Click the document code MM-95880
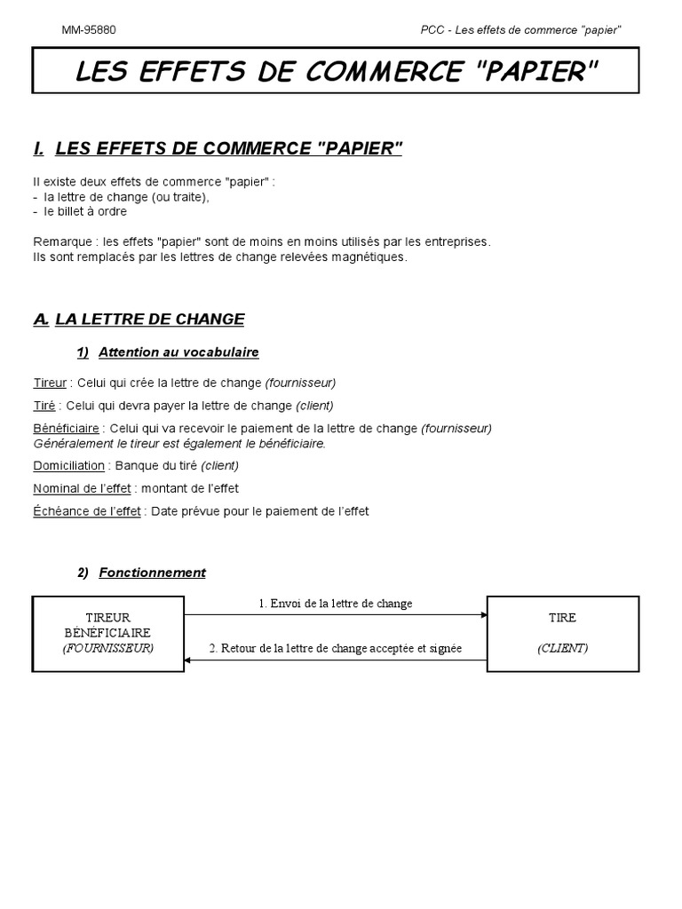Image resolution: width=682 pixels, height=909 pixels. [88, 29]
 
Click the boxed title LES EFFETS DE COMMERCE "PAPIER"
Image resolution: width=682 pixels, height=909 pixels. [337, 71]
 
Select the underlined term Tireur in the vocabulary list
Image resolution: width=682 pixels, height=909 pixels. [50, 383]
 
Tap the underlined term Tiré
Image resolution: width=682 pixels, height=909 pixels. [44, 406]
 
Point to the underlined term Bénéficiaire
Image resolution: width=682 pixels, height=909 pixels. [66, 428]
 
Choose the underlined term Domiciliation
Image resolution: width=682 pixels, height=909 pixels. [68, 465]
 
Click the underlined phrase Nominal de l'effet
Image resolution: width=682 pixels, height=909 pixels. [82, 488]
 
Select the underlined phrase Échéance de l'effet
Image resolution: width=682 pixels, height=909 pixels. [87, 511]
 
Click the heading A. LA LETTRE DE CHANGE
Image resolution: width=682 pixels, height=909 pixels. [139, 319]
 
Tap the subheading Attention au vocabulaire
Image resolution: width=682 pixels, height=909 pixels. [178, 352]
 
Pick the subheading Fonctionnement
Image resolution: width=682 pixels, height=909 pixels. [152, 573]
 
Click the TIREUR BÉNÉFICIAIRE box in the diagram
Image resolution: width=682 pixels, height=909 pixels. [107, 633]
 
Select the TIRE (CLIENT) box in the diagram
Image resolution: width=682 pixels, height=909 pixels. [562, 633]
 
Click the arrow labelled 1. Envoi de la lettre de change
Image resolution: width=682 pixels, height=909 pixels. [336, 614]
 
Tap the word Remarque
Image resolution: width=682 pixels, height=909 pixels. [61, 241]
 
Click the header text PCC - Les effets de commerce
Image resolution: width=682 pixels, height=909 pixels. [520, 29]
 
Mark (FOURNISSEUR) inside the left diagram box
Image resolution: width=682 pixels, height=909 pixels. [107, 648]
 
